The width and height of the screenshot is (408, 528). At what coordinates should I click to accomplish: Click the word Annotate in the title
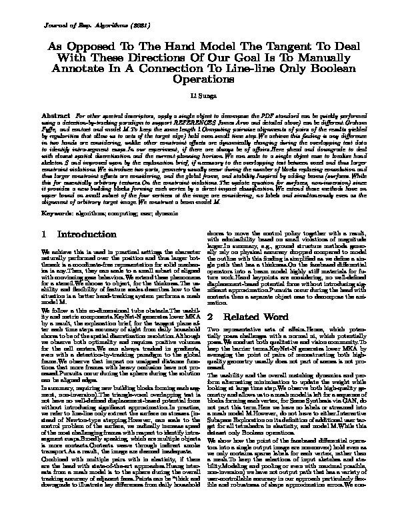pyautogui.click(x=89, y=68)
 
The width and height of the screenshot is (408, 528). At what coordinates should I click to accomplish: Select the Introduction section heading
pyautogui.click(x=88, y=235)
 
